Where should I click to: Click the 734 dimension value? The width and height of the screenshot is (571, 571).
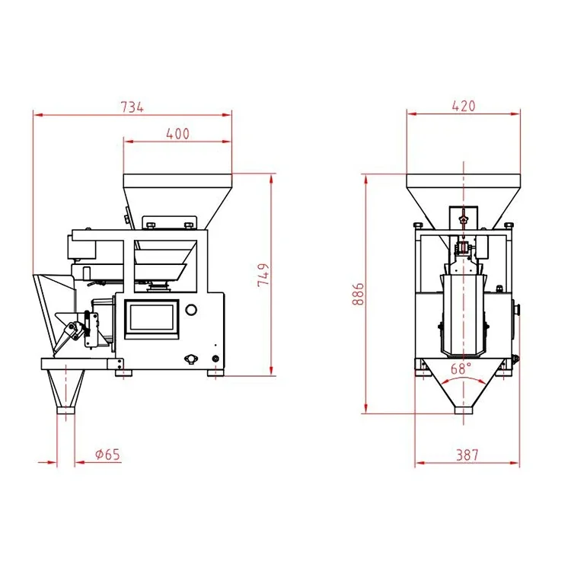tap(132, 107)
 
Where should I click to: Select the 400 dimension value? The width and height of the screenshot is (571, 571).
tap(177, 134)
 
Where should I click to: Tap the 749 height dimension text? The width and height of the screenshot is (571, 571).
tap(263, 275)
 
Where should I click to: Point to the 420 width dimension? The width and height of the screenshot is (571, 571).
tap(464, 106)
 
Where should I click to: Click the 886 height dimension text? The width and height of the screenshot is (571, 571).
tap(358, 294)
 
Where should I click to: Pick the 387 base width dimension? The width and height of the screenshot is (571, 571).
tap(467, 455)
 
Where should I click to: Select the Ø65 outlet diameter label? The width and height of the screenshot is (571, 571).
tap(107, 455)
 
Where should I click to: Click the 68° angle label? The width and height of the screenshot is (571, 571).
tap(461, 368)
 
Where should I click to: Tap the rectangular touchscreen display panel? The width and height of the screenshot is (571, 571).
tap(152, 319)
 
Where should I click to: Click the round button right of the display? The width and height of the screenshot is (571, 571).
tap(191, 310)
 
